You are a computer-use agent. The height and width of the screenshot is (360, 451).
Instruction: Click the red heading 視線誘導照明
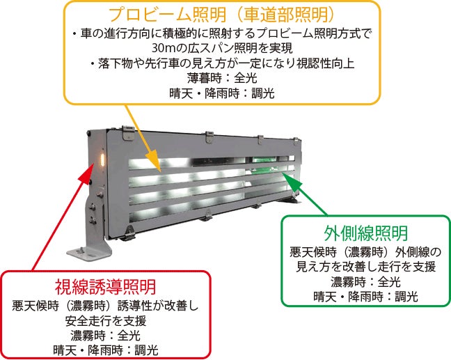tap(106, 286)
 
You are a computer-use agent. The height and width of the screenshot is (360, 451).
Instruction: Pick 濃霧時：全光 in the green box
tap(365, 282)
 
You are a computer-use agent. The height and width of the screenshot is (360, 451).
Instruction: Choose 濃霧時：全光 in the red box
tap(106, 335)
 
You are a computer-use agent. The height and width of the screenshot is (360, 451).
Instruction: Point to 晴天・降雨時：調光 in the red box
tap(106, 350)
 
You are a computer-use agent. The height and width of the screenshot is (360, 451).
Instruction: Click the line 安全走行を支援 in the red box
tap(106, 320)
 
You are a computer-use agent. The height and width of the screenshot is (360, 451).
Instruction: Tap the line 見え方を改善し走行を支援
tap(365, 267)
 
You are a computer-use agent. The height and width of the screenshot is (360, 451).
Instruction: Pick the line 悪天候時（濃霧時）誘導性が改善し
tap(106, 306)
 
